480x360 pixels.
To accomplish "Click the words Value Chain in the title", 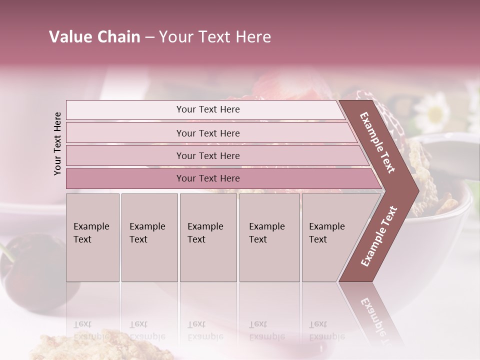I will [x=94, y=37].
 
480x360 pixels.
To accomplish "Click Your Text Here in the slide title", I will [x=215, y=37].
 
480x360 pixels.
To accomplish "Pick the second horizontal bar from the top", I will [x=208, y=133].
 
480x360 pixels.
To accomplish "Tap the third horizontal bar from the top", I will [x=208, y=155].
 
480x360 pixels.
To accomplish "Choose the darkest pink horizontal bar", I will [x=208, y=178].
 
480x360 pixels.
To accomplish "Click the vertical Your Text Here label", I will [x=57, y=143].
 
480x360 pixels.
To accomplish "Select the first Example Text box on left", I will [x=92, y=237].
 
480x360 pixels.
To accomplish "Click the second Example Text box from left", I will [x=149, y=237].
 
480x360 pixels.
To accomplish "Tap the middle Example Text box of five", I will [x=208, y=237].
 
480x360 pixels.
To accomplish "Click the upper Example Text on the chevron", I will [x=377, y=142].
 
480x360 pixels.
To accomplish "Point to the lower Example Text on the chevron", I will [x=378, y=236].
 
